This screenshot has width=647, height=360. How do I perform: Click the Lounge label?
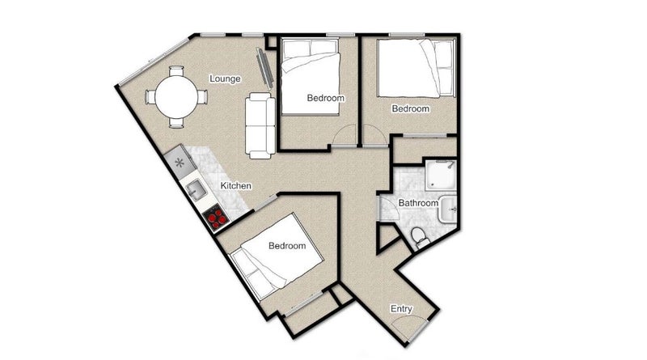(x=225, y=78)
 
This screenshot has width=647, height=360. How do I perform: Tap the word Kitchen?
(x=235, y=186)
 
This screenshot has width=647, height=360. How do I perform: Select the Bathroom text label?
(x=418, y=203)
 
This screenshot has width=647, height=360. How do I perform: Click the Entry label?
(x=401, y=309)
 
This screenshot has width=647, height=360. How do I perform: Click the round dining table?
(x=176, y=97)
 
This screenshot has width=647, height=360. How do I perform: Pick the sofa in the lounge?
(x=260, y=125)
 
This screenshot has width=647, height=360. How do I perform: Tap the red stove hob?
(x=217, y=218)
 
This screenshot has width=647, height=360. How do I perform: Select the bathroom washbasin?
(x=448, y=210)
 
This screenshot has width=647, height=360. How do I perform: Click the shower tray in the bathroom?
(x=441, y=176)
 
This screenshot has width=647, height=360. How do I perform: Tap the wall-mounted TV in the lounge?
(x=264, y=69)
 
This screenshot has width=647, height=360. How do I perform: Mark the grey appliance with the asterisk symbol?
(x=180, y=162)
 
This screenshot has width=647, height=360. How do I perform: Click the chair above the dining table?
(x=176, y=71)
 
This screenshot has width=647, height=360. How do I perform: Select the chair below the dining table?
(x=176, y=123)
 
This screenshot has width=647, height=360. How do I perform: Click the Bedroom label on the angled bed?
(x=287, y=246)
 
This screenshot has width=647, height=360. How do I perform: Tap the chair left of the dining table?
(x=150, y=97)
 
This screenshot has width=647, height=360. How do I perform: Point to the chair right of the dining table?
(x=201, y=97)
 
